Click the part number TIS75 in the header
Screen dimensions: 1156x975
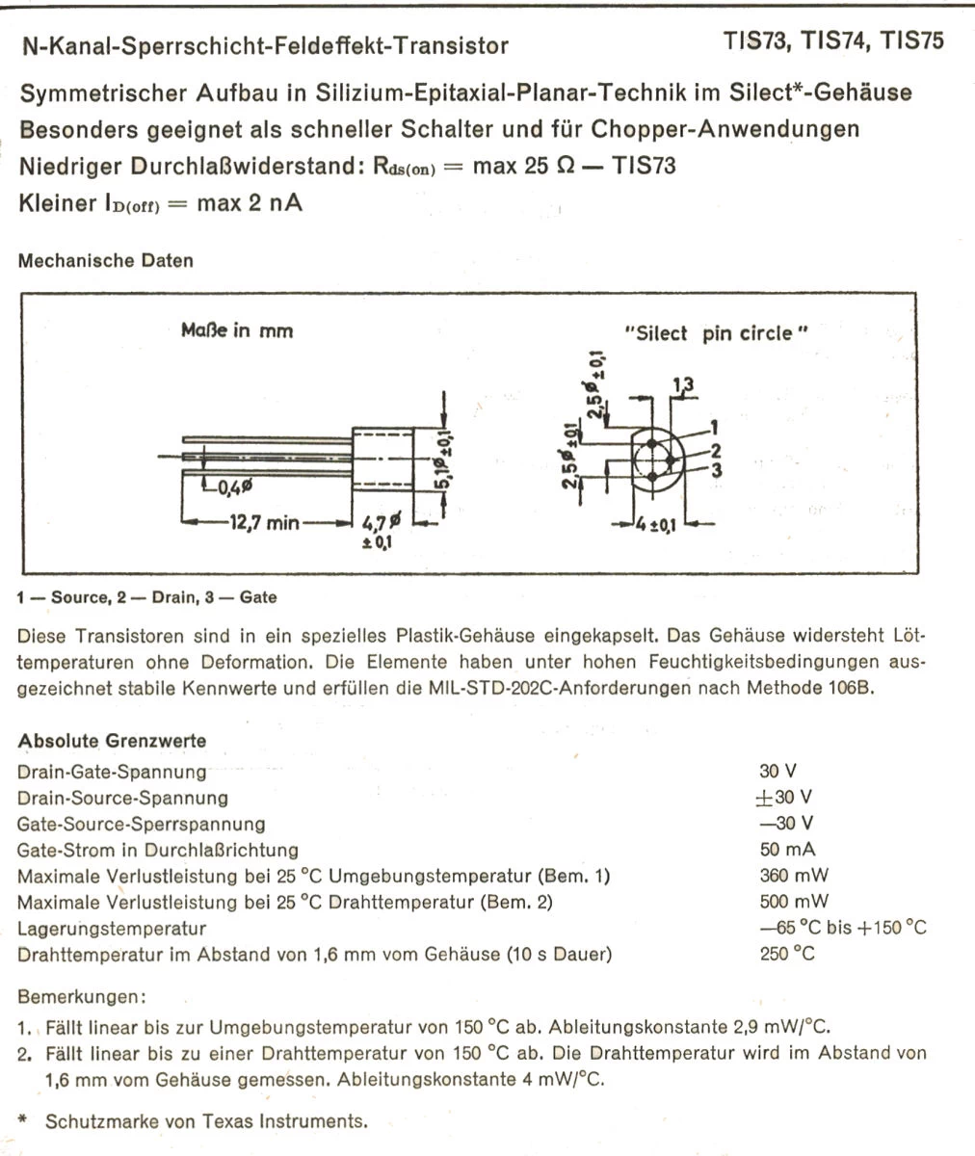(911, 40)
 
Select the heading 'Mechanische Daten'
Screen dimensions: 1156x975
(105, 260)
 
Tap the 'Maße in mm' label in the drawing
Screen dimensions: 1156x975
(237, 330)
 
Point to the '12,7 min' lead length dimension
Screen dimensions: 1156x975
(264, 523)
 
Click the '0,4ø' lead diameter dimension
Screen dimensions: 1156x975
(234, 488)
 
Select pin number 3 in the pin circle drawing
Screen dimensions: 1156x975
(717, 470)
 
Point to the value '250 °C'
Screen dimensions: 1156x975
(787, 955)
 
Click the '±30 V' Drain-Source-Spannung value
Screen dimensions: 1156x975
(784, 798)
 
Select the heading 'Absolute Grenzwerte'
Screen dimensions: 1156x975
(112, 741)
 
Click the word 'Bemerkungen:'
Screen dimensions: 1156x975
(82, 995)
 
